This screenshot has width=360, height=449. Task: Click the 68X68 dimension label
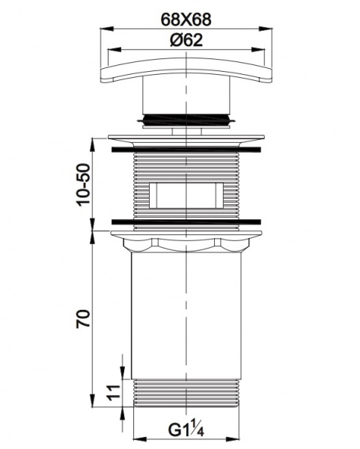[x=186, y=19]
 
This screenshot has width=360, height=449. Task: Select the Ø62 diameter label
[x=186, y=40]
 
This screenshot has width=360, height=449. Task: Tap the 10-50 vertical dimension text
[x=83, y=184]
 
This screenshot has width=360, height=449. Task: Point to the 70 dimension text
[x=83, y=318]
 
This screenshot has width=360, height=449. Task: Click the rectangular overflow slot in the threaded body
[x=186, y=195]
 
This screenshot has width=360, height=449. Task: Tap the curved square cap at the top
[x=186, y=70]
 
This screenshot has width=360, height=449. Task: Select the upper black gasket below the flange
[x=186, y=150]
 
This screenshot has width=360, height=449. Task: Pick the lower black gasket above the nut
[x=186, y=222]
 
